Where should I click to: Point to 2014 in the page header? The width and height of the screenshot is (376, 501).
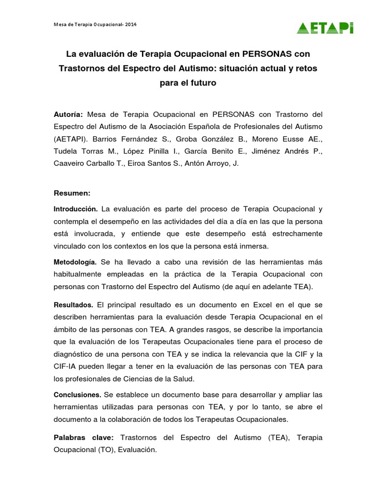click(131, 24)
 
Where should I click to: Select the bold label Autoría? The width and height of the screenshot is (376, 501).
click(68, 114)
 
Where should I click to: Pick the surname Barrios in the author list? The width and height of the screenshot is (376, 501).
click(106, 138)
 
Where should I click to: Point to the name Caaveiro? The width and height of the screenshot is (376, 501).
click(70, 163)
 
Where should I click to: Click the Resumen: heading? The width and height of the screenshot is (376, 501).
click(72, 193)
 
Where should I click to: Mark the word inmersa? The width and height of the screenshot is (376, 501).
click(255, 246)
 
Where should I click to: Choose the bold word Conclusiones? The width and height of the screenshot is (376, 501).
click(77, 394)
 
